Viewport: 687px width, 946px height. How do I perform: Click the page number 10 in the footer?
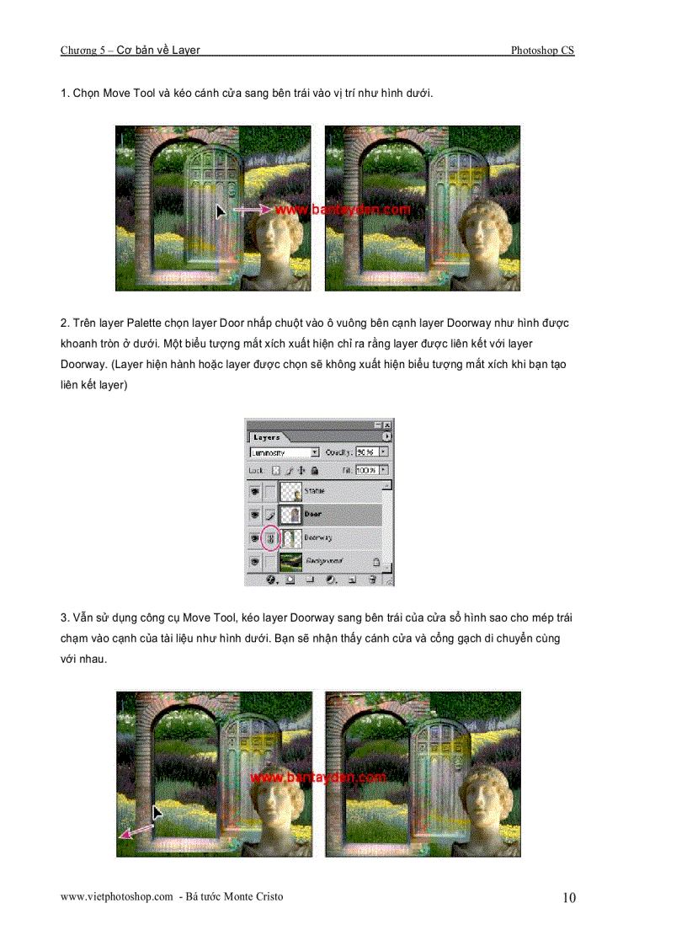point(569,898)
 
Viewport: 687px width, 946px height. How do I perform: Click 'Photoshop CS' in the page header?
point(542,51)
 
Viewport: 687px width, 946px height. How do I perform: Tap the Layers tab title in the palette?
point(267,438)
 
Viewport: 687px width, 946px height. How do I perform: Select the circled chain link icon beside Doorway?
point(269,537)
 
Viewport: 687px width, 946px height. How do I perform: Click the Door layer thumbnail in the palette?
point(291,514)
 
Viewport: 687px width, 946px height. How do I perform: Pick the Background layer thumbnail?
point(291,560)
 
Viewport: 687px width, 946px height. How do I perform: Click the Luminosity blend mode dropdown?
point(285,452)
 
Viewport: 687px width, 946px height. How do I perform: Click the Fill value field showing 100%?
point(366,470)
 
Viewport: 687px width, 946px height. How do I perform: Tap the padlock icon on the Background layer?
point(375,560)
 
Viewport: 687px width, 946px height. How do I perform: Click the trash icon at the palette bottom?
point(370,580)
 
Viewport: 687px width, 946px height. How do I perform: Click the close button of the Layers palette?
point(387,426)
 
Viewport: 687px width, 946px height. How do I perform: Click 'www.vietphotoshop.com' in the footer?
point(116,897)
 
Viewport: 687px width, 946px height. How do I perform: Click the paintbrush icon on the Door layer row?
point(269,514)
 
